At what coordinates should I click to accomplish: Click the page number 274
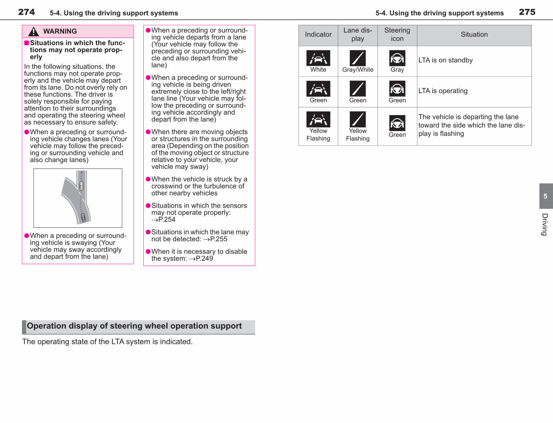(x=26, y=12)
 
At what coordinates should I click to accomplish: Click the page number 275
(x=527, y=12)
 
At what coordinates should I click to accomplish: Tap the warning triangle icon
(x=34, y=31)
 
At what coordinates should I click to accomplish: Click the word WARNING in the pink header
(x=60, y=31)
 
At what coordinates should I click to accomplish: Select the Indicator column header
(x=318, y=35)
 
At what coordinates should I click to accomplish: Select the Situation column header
(x=474, y=35)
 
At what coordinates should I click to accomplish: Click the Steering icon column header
(x=397, y=35)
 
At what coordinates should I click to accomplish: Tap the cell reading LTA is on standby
(x=445, y=60)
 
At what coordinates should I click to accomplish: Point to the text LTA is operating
(x=443, y=91)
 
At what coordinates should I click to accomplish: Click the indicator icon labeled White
(x=318, y=58)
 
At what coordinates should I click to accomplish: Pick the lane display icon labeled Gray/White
(x=358, y=58)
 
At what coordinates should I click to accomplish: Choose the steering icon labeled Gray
(x=397, y=58)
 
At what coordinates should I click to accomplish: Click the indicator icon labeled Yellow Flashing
(x=318, y=119)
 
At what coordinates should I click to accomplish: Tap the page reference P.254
(x=167, y=220)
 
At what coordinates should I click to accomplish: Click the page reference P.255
(x=218, y=239)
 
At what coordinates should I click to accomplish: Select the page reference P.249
(x=204, y=259)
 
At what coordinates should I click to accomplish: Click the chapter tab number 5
(x=545, y=196)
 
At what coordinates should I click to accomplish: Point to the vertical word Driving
(x=545, y=225)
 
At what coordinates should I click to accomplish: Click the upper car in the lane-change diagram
(x=82, y=186)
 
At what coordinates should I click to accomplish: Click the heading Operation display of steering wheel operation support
(x=135, y=326)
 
